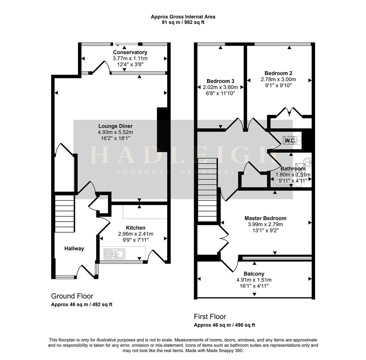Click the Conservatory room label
point(130,52)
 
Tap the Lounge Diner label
point(115,126)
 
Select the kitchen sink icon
point(114,254)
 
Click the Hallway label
point(74,249)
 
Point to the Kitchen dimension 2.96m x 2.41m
point(136,234)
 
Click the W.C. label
point(290,141)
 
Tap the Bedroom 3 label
point(220,81)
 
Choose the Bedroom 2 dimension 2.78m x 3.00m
point(278,79)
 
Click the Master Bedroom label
point(265,218)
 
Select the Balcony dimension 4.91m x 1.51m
point(254,280)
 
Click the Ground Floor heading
point(72,296)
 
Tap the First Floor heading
point(210,317)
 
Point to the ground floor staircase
point(65,214)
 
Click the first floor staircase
point(207,190)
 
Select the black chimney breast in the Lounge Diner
point(162,130)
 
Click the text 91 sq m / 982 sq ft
point(183,22)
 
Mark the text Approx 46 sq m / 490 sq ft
point(224,325)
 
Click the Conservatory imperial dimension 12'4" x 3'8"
point(130,64)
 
